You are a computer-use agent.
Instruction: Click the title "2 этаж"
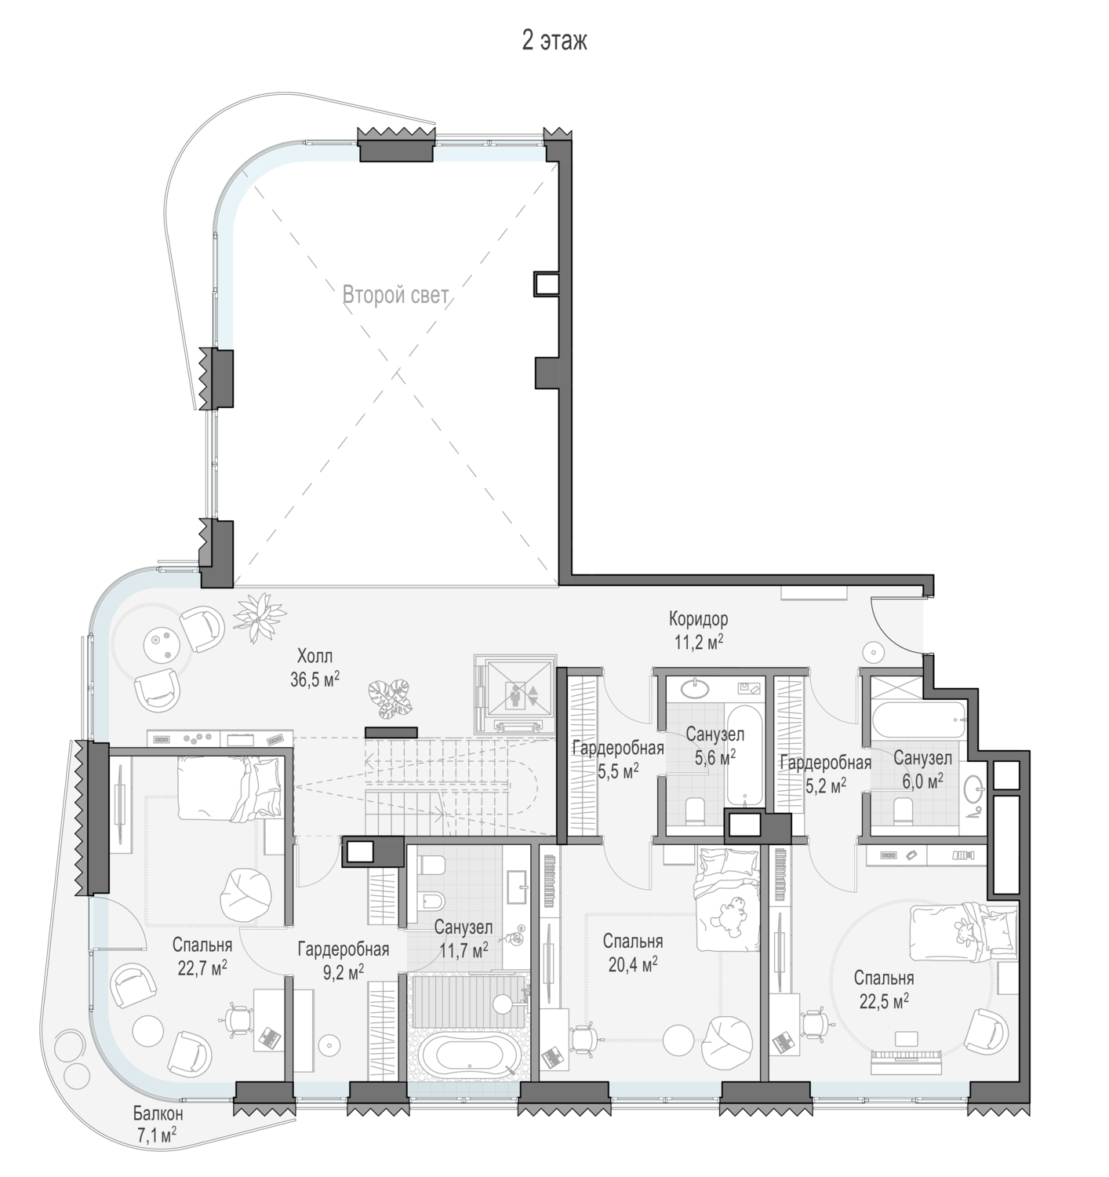554,42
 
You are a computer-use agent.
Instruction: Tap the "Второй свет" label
396,294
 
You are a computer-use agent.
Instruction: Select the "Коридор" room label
699,619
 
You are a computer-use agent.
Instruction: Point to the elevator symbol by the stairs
515,694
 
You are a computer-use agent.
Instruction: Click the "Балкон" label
158,1113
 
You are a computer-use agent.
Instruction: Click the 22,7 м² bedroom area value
202,967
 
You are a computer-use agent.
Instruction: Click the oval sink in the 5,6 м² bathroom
694,688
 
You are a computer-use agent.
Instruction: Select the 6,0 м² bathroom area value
923,781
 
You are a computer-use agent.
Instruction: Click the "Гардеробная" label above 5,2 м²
826,762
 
